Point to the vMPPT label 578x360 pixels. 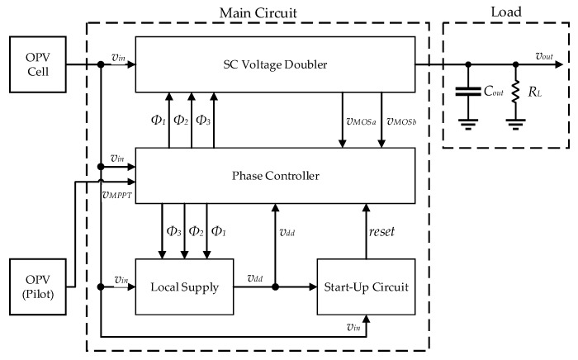[116, 195]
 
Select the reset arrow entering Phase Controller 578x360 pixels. [367, 231]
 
